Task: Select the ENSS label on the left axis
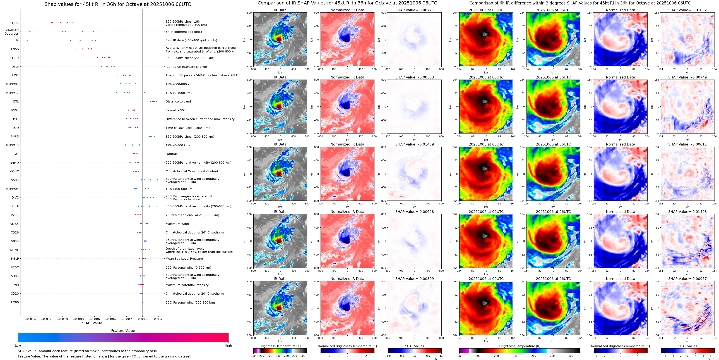coord(15,49)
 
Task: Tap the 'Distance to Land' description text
coord(178,102)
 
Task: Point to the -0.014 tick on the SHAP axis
coord(30,319)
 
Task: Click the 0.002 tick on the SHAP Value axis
coord(158,319)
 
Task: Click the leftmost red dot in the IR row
coord(27,40)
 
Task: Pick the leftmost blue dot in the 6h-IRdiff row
coord(30,32)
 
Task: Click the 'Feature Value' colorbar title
coord(123,331)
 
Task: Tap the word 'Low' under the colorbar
coord(18,345)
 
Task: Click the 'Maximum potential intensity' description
coord(187,285)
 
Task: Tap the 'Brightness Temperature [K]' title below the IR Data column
coord(280,346)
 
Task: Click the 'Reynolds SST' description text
coord(175,110)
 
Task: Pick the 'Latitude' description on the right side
coord(172,154)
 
